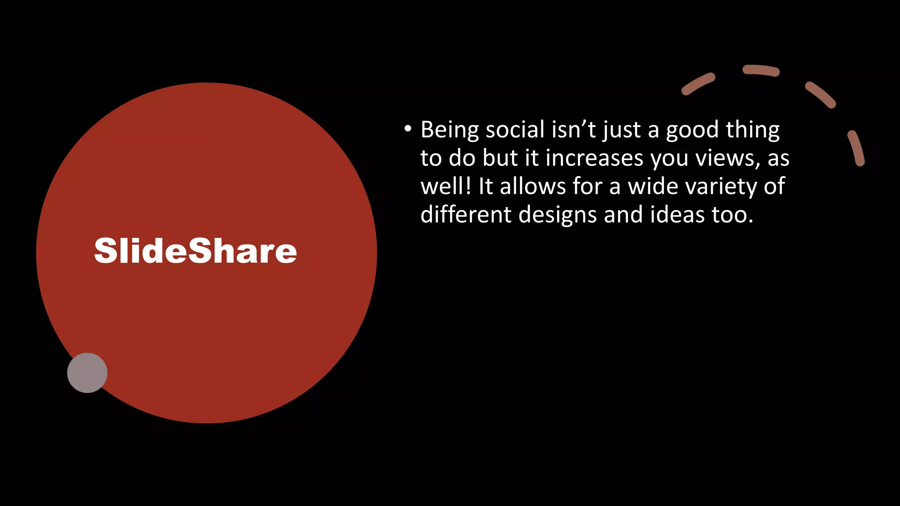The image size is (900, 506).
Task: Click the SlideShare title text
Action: tap(196, 251)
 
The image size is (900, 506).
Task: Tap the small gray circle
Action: tap(87, 372)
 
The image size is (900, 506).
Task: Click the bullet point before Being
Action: tap(408, 129)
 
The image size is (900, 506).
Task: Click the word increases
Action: tap(594, 158)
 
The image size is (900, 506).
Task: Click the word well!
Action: tap(446, 186)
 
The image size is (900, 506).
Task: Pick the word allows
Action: tap(533, 186)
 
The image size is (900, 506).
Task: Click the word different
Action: tap(466, 214)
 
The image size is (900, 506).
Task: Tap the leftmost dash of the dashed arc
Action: tap(698, 84)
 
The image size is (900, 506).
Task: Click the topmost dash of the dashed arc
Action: tap(761, 70)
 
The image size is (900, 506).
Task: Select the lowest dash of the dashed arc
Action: tap(856, 148)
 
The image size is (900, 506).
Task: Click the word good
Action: tap(692, 130)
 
